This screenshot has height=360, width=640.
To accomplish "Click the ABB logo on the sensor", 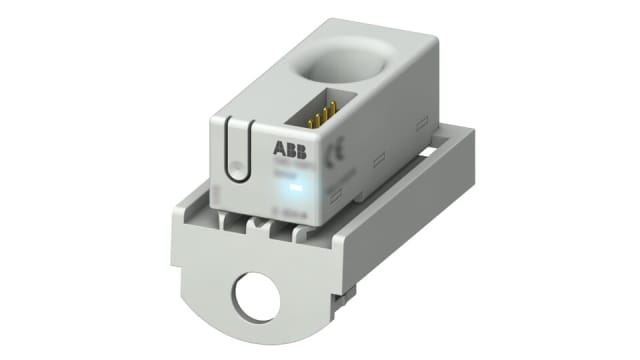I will point(290,150).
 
